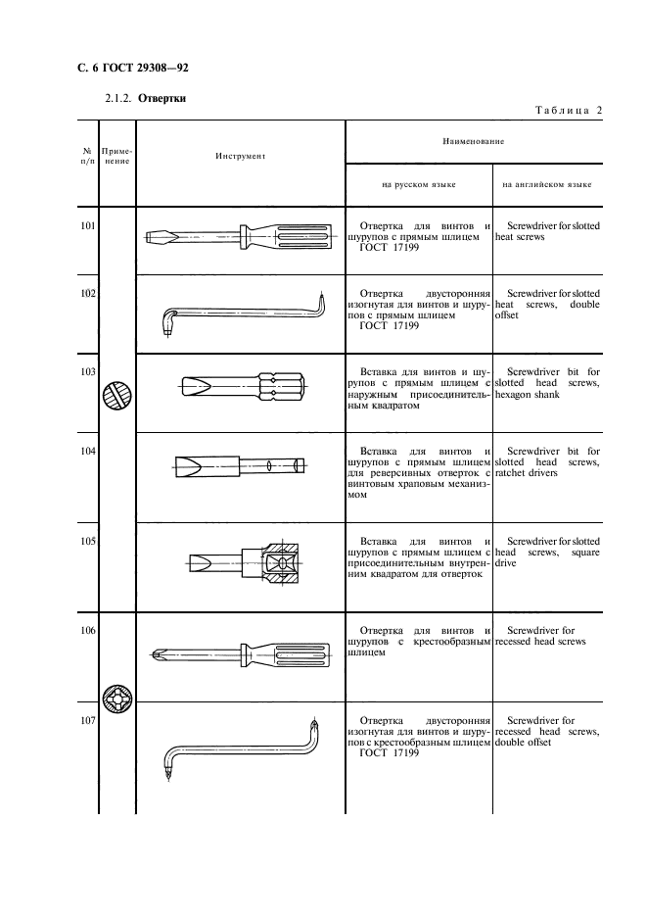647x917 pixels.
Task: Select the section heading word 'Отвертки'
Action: click(x=162, y=98)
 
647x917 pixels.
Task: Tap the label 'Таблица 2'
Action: click(x=566, y=110)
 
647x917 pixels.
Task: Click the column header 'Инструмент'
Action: click(x=240, y=155)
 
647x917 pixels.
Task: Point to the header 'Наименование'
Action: click(x=473, y=142)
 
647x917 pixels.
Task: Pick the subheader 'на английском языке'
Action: click(x=546, y=183)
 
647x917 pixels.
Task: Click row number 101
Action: click(x=87, y=226)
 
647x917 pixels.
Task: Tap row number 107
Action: click(x=87, y=721)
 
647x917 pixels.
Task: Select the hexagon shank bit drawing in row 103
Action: click(x=245, y=386)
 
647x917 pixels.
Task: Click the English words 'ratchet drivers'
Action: click(x=527, y=472)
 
